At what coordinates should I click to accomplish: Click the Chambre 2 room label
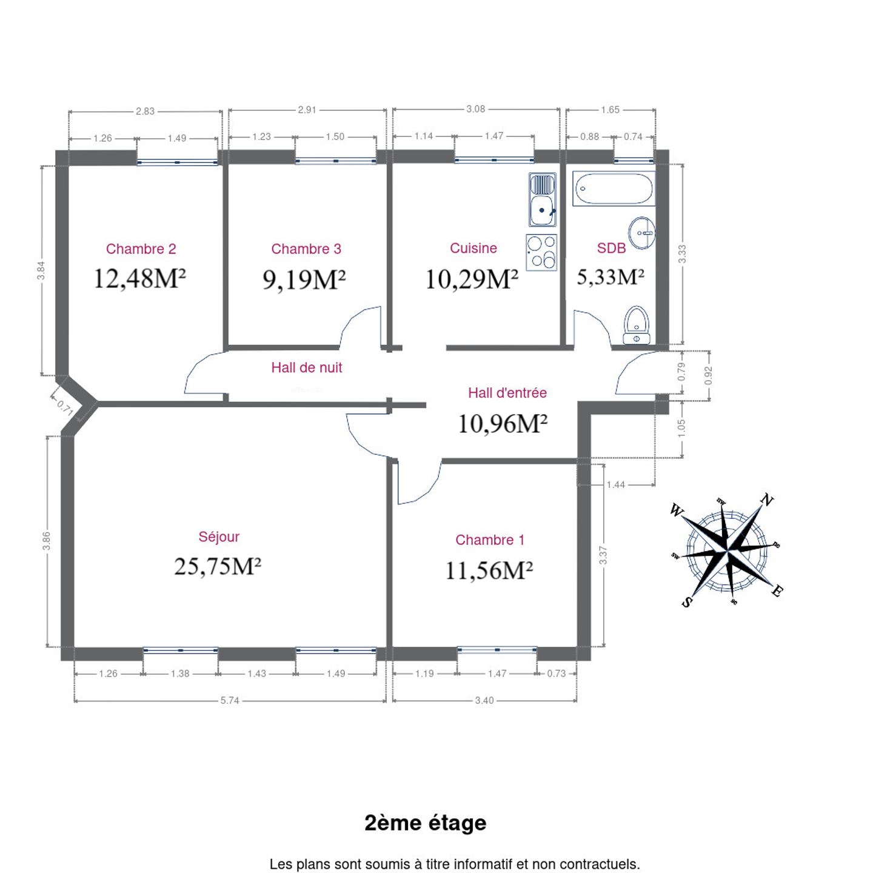[x=141, y=249]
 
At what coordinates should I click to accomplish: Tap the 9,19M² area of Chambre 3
[x=304, y=279]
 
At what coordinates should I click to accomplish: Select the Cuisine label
[x=473, y=248]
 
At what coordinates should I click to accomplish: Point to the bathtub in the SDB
[x=614, y=189]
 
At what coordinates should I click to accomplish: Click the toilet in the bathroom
[x=637, y=326]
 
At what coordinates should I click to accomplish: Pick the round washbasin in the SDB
[x=641, y=233]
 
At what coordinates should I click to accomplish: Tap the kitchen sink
[x=542, y=199]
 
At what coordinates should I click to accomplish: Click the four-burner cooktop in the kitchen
[x=541, y=253]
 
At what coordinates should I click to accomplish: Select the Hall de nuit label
[x=307, y=367]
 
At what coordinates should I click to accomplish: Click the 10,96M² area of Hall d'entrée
[x=503, y=424]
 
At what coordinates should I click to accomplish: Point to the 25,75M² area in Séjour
[x=218, y=566]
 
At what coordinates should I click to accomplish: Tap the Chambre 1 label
[x=490, y=540]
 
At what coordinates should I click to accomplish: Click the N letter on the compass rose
[x=767, y=500]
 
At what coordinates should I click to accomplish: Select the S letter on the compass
[x=687, y=601]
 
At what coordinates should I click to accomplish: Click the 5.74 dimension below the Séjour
[x=230, y=700]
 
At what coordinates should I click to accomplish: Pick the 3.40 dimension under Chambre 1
[x=484, y=700]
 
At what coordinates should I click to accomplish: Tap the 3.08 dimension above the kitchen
[x=476, y=109]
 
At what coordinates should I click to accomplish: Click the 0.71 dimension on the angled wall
[x=65, y=409]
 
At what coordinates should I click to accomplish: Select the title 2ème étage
[x=426, y=823]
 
